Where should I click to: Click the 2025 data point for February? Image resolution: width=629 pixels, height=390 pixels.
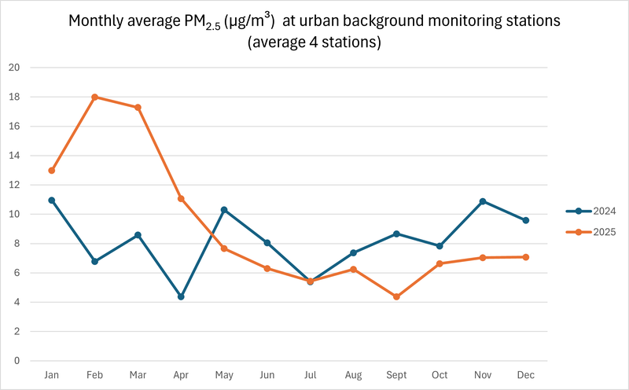click(94, 97)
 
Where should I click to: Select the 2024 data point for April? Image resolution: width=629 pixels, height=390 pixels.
click(181, 296)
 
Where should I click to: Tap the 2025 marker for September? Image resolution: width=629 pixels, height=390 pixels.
click(396, 296)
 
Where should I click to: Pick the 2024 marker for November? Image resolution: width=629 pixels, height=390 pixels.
click(483, 201)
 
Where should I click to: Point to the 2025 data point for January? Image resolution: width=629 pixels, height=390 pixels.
click(52, 171)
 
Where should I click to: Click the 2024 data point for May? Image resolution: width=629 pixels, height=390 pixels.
click(224, 210)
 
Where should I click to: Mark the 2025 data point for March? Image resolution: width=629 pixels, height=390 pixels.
click(138, 107)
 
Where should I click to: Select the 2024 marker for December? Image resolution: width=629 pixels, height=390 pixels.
click(526, 220)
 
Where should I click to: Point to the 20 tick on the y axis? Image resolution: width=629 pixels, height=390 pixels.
click(13, 68)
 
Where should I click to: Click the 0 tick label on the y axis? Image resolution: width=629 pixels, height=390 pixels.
click(16, 361)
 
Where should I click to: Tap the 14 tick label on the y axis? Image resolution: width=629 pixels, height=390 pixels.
click(13, 156)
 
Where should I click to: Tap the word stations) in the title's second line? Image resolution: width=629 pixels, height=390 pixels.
click(353, 43)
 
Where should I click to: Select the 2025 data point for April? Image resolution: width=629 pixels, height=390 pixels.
click(181, 199)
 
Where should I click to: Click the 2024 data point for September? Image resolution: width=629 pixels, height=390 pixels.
click(396, 234)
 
